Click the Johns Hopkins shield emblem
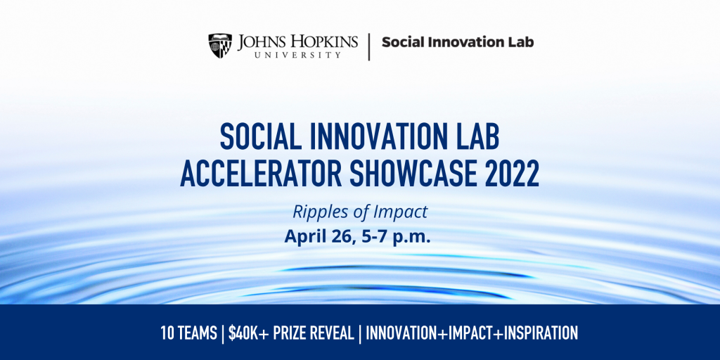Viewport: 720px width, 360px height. click(x=220, y=46)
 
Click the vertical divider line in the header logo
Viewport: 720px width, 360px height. click(x=368, y=46)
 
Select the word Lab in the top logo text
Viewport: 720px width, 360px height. click(x=521, y=42)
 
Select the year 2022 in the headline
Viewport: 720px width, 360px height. click(x=509, y=174)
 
